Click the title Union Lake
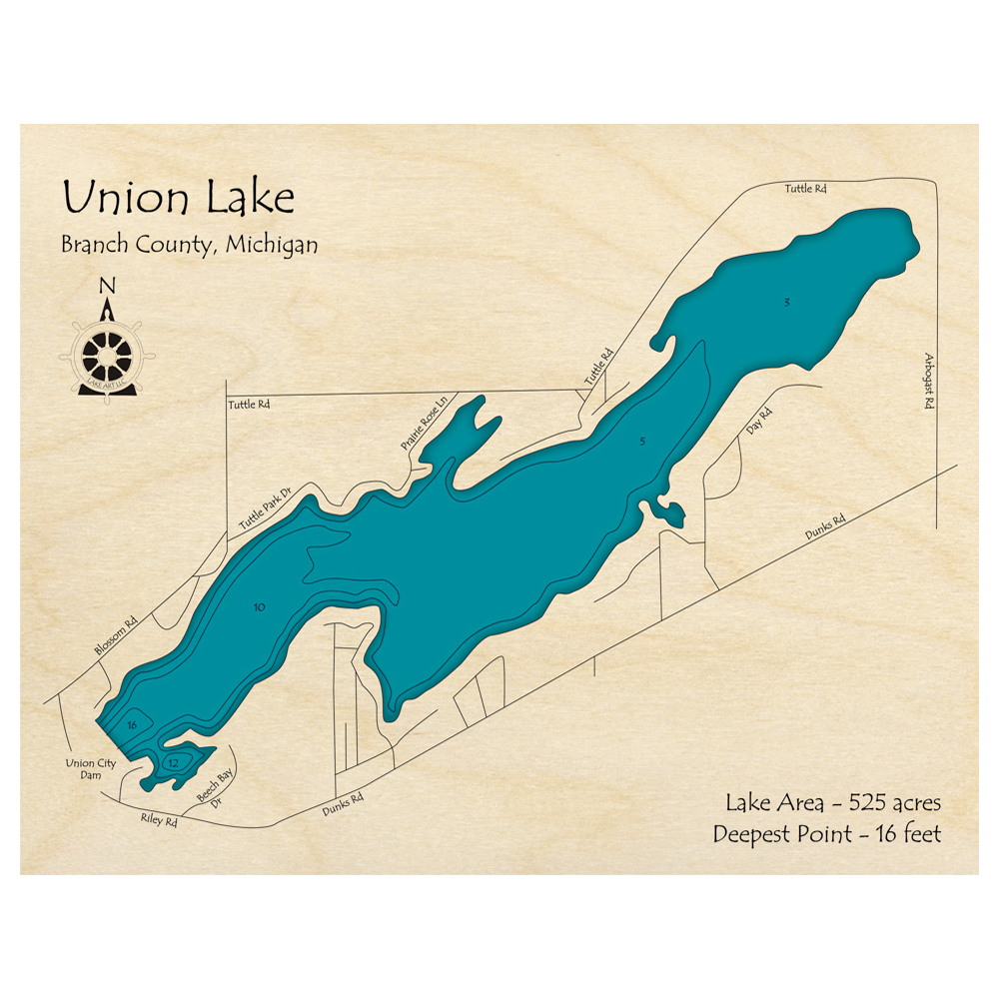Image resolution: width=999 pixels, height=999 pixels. point(178,198)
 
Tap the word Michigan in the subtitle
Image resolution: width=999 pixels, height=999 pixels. point(272,244)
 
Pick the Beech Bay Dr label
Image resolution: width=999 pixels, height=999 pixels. point(211,794)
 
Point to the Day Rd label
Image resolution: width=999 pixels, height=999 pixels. point(760,422)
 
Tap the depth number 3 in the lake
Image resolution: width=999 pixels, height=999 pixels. point(787,302)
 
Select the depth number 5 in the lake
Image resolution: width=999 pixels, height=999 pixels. point(642,441)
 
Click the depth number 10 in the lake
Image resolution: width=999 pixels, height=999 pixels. point(260,607)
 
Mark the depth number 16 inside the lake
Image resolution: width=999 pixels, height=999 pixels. point(131,725)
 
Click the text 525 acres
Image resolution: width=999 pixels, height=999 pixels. point(894,801)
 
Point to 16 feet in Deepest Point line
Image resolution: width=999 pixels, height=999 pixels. point(906,834)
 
